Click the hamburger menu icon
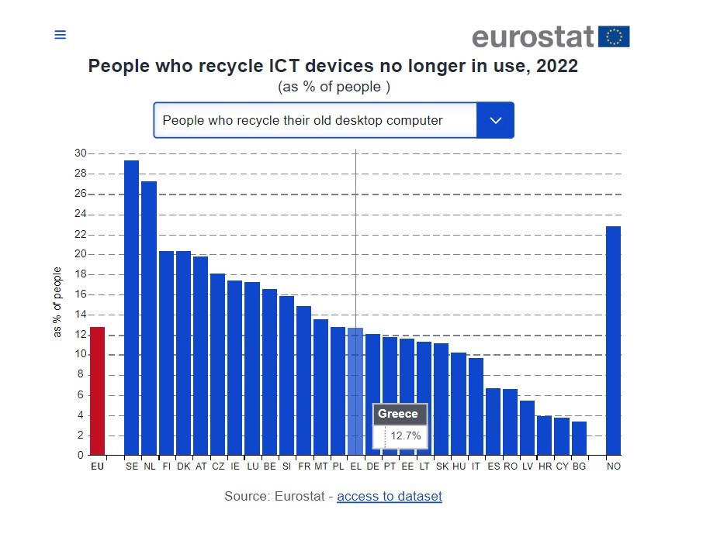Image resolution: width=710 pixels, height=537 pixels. coord(60,35)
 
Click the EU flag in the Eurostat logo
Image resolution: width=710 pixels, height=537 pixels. coord(614,36)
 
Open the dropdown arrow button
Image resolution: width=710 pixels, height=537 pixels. coord(495,120)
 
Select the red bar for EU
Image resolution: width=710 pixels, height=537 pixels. coord(97,391)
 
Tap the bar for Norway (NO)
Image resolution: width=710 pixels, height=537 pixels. coord(613,340)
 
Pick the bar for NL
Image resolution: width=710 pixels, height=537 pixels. coord(149,318)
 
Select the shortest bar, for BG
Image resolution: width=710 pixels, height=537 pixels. coord(579,438)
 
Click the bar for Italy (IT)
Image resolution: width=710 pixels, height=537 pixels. coord(476,406)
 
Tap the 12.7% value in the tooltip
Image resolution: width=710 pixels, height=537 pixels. coord(405,436)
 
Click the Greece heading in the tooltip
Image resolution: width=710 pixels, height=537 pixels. coord(397,414)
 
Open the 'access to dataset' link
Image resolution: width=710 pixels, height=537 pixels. coord(389,496)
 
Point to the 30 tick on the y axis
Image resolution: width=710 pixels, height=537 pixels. coord(80,153)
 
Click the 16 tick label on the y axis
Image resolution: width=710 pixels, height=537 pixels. coord(80,294)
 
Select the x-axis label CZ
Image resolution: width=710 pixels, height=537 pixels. coord(217,466)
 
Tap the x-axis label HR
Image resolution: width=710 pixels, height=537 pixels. coord(545,466)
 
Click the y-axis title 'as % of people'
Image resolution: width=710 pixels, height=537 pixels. coord(57,302)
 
